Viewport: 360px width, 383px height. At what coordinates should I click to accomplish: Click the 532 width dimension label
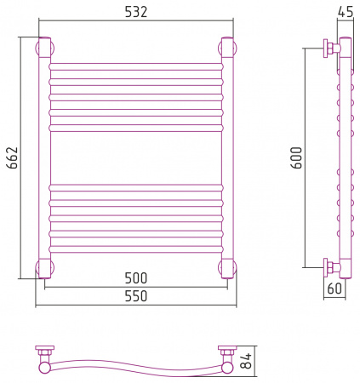click(x=136, y=12)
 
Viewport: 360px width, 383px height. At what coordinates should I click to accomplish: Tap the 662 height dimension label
click(x=13, y=157)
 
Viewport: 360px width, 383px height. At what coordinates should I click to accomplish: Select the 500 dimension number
click(x=136, y=278)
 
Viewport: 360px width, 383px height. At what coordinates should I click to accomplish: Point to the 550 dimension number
click(x=136, y=296)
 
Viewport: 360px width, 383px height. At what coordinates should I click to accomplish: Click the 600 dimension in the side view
click(x=297, y=157)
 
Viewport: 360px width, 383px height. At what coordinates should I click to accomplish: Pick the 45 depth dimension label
click(x=346, y=12)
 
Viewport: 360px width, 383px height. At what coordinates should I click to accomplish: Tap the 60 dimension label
click(x=334, y=289)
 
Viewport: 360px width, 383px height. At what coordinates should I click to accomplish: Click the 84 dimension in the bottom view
click(x=246, y=361)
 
